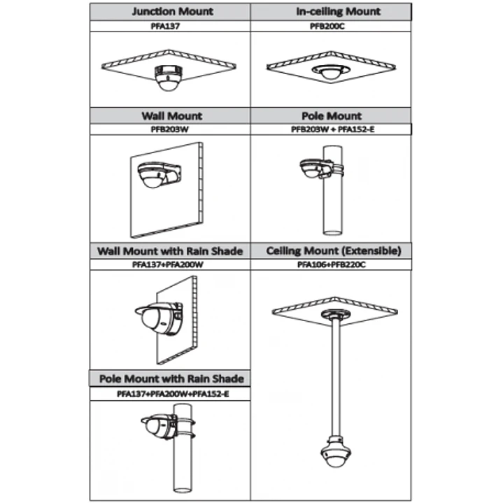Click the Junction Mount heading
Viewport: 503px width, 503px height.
pyautogui.click(x=173, y=12)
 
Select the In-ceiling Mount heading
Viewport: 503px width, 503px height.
pyautogui.click(x=338, y=12)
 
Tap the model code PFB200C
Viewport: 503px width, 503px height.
pyautogui.click(x=327, y=27)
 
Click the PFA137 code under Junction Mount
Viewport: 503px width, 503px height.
pyautogui.click(x=165, y=27)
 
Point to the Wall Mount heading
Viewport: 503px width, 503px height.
pyautogui.click(x=172, y=116)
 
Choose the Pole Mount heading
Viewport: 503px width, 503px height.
pyautogui.click(x=332, y=116)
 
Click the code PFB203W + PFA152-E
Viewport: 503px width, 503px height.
pyautogui.click(x=333, y=129)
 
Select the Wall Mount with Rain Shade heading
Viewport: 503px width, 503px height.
pyautogui.click(x=170, y=251)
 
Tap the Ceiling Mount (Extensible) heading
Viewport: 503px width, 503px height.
pyautogui.click(x=334, y=251)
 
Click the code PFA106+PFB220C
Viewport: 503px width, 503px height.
pyautogui.click(x=332, y=264)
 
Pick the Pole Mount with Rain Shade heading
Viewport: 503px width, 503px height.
pyautogui.click(x=171, y=379)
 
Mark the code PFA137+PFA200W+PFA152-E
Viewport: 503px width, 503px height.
pyautogui.click(x=173, y=394)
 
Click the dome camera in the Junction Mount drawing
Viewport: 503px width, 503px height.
pyautogui.click(x=169, y=78)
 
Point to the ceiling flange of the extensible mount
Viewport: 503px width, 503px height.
pyautogui.click(x=336, y=314)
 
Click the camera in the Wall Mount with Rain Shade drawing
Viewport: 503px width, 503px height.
pyautogui.click(x=160, y=318)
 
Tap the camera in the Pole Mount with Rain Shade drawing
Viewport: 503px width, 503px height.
pyautogui.click(x=160, y=426)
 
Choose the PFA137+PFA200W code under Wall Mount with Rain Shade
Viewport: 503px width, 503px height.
pyautogui.click(x=168, y=264)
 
